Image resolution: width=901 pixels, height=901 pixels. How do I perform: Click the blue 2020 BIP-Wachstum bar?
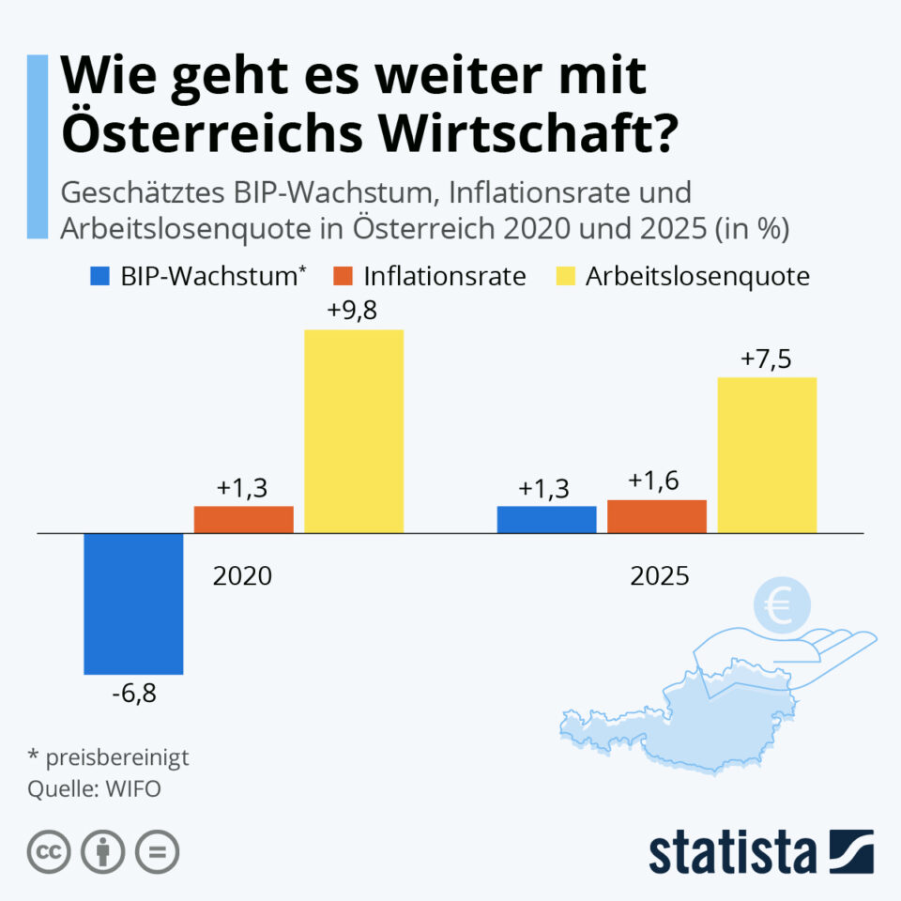point(133,603)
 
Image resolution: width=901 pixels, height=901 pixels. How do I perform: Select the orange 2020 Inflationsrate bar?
point(244,519)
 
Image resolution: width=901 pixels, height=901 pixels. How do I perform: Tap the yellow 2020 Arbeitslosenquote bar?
point(354,431)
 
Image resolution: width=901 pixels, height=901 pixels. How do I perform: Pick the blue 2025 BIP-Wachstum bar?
point(546,519)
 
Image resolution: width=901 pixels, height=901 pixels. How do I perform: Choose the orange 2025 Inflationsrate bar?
point(656,516)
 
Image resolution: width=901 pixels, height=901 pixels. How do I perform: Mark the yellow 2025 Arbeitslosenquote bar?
point(767,455)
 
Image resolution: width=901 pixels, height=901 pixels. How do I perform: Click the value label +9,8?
point(353,312)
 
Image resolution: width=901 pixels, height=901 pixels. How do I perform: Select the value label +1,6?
point(655,482)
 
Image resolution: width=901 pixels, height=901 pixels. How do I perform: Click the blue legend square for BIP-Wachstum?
point(100,276)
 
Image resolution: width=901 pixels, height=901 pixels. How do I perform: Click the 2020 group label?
point(242,575)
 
